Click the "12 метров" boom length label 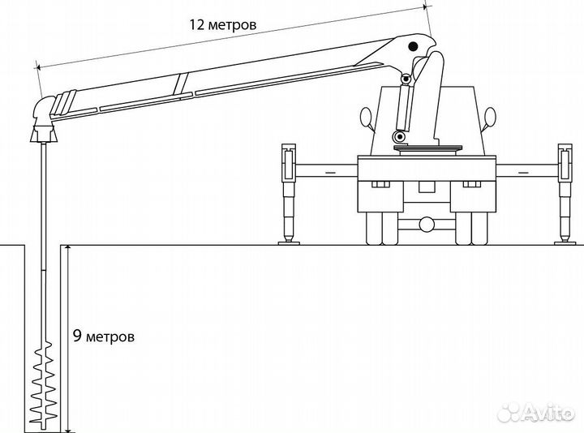(x=223, y=25)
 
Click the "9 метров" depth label (x=103, y=337)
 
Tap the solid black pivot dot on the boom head (x=413, y=46)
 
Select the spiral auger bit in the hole (x=44, y=384)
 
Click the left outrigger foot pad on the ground (x=289, y=243)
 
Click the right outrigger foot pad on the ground (x=565, y=243)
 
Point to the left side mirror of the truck (x=366, y=117)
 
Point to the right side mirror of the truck (x=490, y=117)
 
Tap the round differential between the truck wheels (x=427, y=225)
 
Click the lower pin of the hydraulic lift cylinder (x=400, y=137)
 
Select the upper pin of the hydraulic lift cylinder (x=405, y=79)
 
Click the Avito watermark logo (x=536, y=412)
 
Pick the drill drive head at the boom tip (x=44, y=119)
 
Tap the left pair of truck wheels (x=382, y=228)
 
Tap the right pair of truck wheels (x=471, y=228)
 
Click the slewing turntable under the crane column (x=428, y=148)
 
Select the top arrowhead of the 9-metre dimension (x=67, y=249)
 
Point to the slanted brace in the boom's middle (x=180, y=84)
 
